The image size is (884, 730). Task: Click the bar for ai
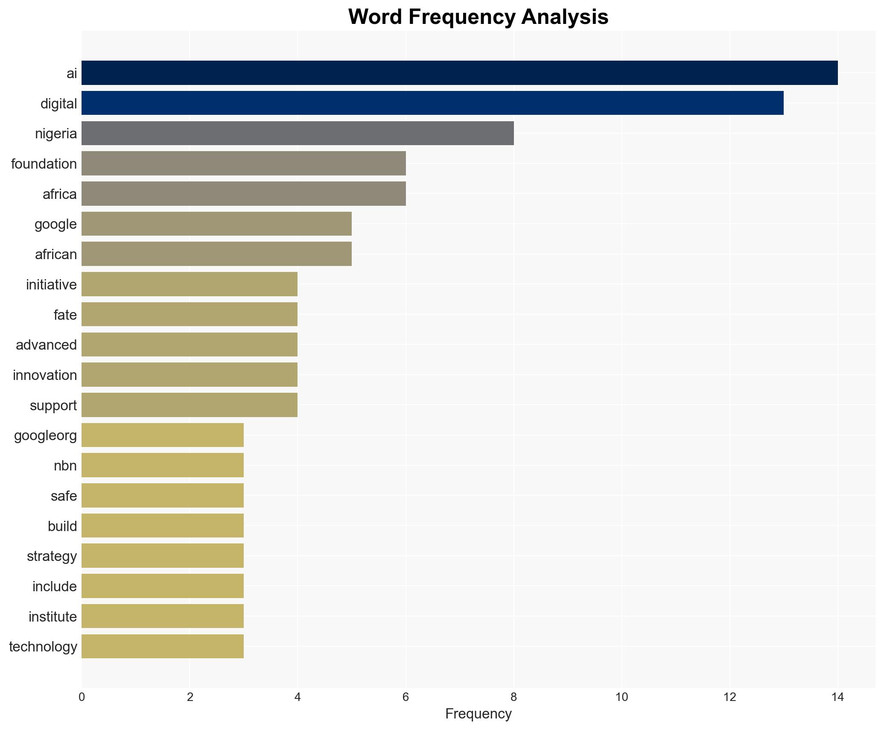459,73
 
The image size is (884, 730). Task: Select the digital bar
432,103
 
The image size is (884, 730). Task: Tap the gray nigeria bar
298,133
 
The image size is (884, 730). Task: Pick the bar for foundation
243,164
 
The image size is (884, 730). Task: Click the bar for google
216,224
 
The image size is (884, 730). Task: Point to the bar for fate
190,315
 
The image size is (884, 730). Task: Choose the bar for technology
163,646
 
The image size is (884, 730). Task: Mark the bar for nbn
163,465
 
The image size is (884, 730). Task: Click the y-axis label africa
60,194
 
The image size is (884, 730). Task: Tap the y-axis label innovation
45,375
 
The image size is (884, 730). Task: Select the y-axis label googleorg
45,435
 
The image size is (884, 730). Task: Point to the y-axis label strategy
52,556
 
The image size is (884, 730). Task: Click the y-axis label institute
53,616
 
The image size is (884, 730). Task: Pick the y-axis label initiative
51,284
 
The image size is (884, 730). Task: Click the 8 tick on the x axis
513,697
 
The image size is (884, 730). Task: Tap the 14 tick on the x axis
837,697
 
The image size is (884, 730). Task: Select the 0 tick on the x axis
82,697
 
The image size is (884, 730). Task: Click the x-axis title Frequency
478,714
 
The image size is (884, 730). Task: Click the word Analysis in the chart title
564,17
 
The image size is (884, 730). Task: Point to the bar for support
190,405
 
